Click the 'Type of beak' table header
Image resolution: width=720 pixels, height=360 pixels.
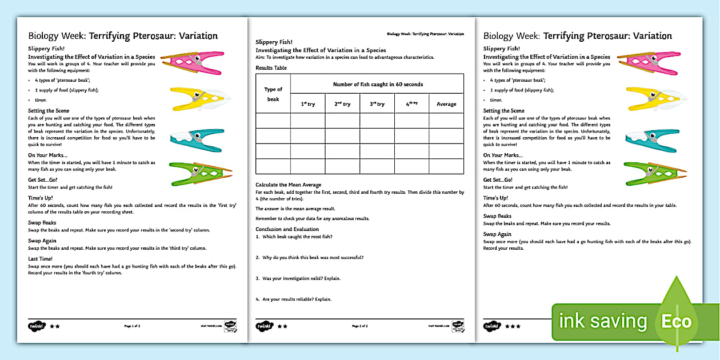[273, 93]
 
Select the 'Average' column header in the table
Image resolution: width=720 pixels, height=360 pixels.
[446, 104]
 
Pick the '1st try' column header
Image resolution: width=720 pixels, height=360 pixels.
[307, 104]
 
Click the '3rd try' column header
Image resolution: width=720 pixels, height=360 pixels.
[377, 104]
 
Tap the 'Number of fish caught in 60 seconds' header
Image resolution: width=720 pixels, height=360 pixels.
[378, 85]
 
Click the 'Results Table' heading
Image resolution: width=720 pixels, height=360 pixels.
[271, 68]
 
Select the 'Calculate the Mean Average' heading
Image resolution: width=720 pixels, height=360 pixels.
[289, 185]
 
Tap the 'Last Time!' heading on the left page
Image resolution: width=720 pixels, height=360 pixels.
[41, 259]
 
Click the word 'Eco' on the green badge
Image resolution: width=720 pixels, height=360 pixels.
[677, 321]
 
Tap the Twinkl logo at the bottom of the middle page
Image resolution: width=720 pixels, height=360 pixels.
[263, 326]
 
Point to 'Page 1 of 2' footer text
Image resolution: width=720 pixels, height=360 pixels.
[132, 326]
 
